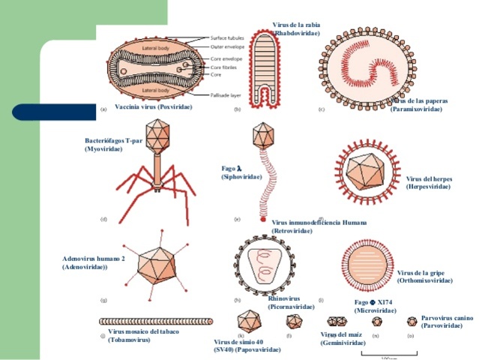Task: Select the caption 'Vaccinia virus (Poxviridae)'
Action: [x=153, y=107]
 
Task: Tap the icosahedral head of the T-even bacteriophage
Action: [x=159, y=134]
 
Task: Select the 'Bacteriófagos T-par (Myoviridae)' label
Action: [x=113, y=145]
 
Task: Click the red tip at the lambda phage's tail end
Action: [x=262, y=220]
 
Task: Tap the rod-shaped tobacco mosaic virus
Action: [x=150, y=321]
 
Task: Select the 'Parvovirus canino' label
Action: [x=446, y=322]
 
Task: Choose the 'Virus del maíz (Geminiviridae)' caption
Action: [x=343, y=338]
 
